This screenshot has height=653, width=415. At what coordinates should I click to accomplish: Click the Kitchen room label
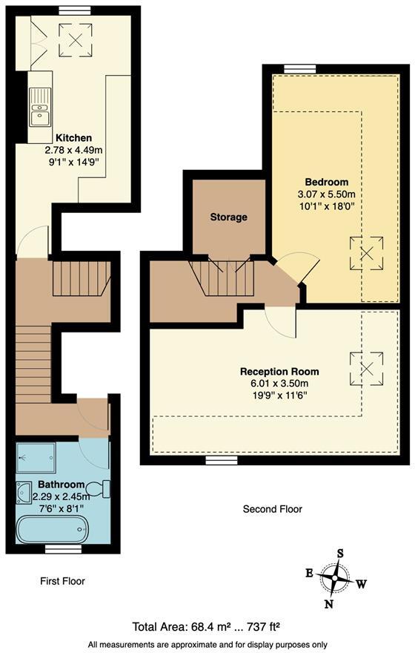click(x=73, y=138)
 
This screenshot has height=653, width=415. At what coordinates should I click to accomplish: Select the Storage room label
click(x=228, y=217)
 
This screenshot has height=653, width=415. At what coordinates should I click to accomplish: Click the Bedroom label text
click(x=326, y=183)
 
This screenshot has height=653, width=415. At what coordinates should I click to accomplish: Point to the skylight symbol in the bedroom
click(x=365, y=252)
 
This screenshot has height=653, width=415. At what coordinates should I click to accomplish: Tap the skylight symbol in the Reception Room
click(x=365, y=365)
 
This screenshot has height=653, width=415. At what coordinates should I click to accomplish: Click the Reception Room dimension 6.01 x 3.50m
click(x=279, y=384)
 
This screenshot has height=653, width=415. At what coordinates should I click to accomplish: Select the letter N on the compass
click(x=328, y=603)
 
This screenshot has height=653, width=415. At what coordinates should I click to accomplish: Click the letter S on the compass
click(x=340, y=553)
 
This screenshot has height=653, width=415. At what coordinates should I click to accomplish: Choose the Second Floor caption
click(x=272, y=509)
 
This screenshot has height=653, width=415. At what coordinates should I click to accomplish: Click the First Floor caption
click(x=62, y=581)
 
